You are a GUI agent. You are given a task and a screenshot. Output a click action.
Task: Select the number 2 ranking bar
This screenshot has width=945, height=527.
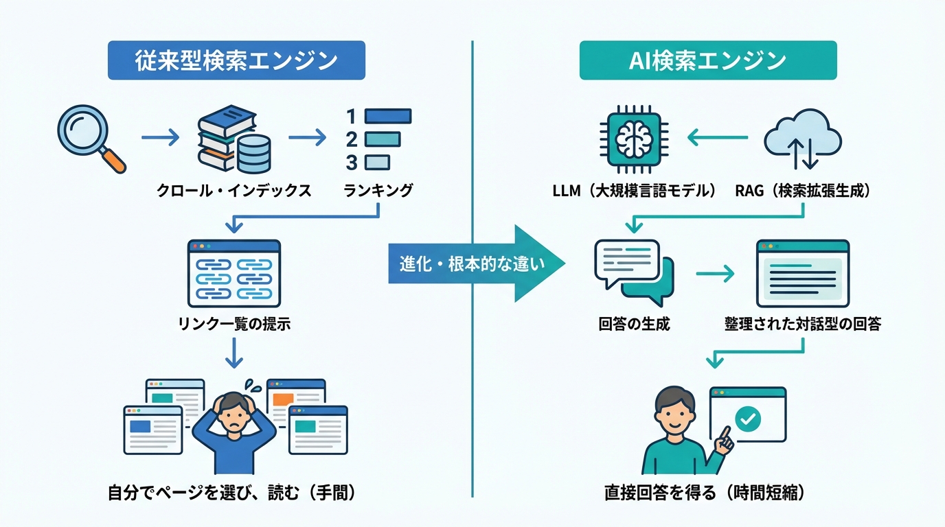pyautogui.click(x=382, y=140)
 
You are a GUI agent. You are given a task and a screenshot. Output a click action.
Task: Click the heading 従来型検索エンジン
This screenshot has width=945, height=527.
pyautogui.click(x=236, y=60)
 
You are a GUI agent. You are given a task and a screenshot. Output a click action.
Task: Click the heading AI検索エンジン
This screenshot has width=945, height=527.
pyautogui.click(x=707, y=60)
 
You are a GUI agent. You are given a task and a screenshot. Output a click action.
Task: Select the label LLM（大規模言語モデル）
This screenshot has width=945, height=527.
pyautogui.click(x=634, y=191)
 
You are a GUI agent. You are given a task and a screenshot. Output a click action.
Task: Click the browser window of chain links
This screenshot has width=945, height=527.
pyautogui.click(x=234, y=273)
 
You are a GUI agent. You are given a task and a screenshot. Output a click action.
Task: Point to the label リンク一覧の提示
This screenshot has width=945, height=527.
pyautogui.click(x=234, y=323)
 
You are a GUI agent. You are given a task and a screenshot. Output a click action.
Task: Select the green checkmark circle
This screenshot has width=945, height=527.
pyautogui.click(x=747, y=417)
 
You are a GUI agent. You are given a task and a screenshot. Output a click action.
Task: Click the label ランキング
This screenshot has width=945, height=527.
pyautogui.click(x=378, y=191)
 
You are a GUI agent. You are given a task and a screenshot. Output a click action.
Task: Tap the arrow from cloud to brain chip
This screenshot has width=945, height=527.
pyautogui.click(x=718, y=139)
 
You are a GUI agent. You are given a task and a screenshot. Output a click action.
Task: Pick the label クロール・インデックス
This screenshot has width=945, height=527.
pyautogui.click(x=234, y=191)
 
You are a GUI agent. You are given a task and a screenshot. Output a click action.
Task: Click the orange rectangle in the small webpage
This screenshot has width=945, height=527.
pyautogui.click(x=283, y=399)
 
